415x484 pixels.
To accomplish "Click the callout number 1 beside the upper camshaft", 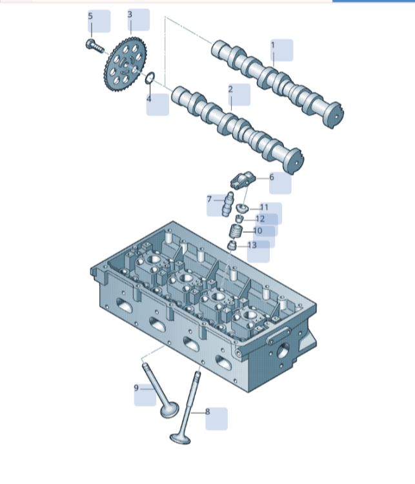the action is (x=272, y=45).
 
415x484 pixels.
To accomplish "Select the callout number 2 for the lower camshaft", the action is (x=230, y=90).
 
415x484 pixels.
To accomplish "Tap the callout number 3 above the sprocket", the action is (x=130, y=14).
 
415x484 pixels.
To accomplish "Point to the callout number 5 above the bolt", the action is (x=90, y=16).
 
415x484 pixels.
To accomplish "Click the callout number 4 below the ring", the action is (x=149, y=99).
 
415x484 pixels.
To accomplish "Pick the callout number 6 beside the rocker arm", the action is (x=272, y=177).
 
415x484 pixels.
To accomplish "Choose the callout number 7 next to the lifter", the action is (x=209, y=199).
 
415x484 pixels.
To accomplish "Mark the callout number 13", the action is (x=252, y=245).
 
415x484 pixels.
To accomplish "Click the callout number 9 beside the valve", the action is (x=136, y=388).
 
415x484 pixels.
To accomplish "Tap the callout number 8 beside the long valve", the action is (x=208, y=412).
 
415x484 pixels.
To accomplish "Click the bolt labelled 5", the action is (x=94, y=46).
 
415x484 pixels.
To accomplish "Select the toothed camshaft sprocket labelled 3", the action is (x=125, y=65).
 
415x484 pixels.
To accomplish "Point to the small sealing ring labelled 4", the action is (x=150, y=78).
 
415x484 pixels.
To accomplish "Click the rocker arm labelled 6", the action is (x=243, y=180).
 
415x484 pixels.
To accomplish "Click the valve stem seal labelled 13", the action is (x=232, y=246).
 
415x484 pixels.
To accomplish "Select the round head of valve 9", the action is (x=170, y=410).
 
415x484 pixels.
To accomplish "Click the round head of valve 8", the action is (x=180, y=439).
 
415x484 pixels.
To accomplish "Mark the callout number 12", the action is (x=260, y=219).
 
